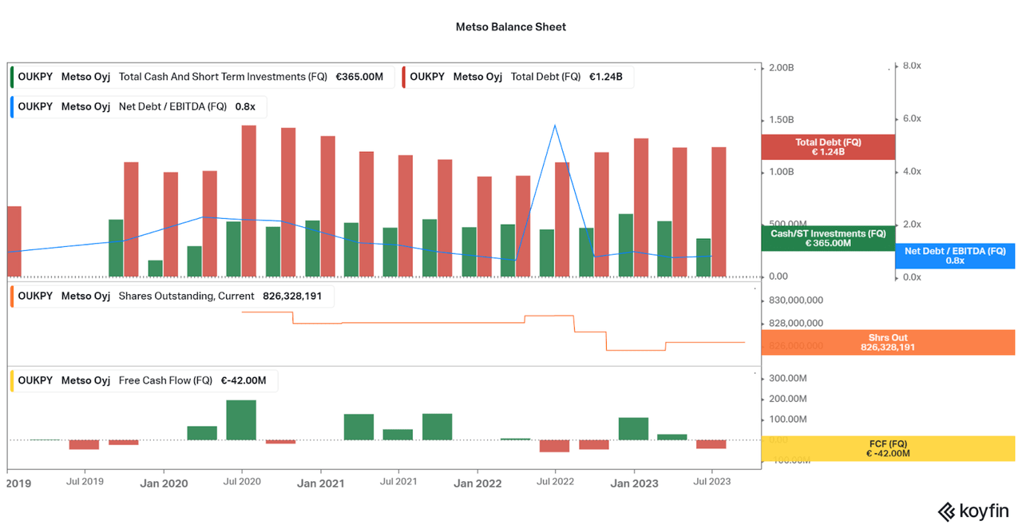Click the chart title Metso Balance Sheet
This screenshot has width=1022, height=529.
[510, 27]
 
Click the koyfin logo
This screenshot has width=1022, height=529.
[973, 511]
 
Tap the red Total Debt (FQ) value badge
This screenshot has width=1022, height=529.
[828, 147]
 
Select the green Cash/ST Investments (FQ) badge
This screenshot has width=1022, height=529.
[828, 238]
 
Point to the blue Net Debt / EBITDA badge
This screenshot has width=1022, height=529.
[955, 256]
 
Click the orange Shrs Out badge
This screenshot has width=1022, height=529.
[888, 343]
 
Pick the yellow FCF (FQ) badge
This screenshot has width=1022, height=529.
[888, 448]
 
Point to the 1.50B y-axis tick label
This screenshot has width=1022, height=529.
[781, 120]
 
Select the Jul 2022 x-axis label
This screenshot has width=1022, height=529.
[555, 482]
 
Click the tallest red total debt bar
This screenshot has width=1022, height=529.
[249, 200]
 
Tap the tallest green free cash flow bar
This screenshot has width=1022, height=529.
[241, 420]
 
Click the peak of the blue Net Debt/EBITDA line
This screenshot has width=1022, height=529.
[554, 125]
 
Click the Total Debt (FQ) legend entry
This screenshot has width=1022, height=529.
[545, 77]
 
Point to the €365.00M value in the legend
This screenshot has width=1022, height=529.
[359, 77]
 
